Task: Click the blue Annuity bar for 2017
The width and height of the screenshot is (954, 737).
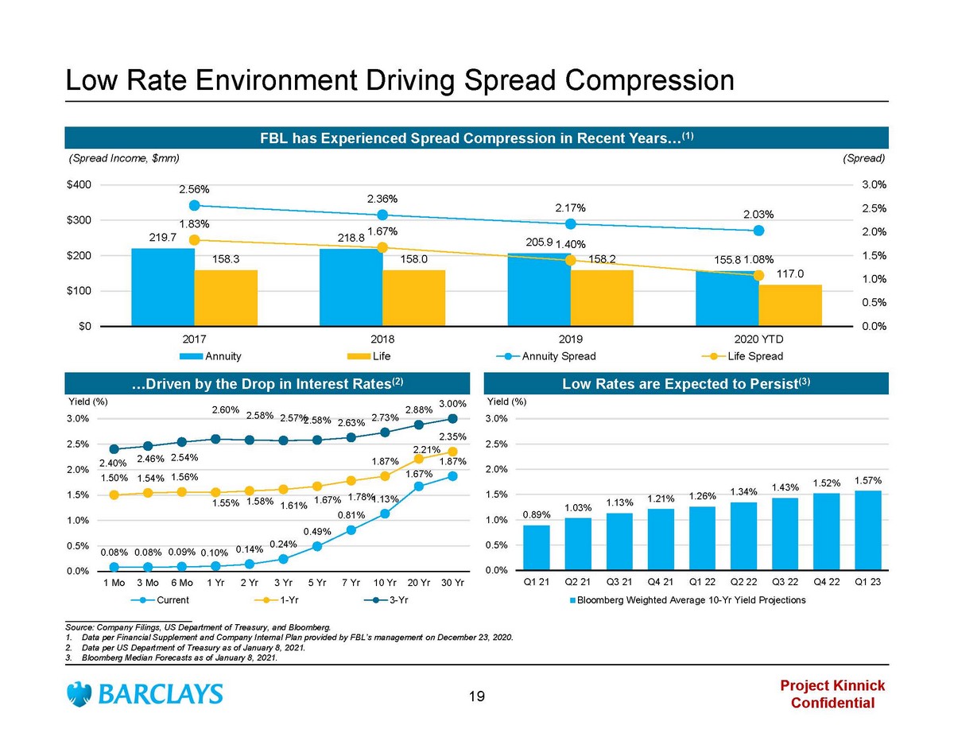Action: click(x=163, y=287)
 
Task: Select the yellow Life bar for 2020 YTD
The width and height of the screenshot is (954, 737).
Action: click(x=790, y=305)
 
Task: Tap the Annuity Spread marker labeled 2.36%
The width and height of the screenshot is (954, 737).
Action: click(x=382, y=215)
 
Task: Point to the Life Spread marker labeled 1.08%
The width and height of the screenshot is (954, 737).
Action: click(x=758, y=275)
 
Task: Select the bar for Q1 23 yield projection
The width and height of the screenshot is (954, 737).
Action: click(x=867, y=530)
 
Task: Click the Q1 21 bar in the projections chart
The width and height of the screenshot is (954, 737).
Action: click(x=537, y=548)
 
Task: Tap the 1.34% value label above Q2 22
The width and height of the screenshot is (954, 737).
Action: click(x=745, y=492)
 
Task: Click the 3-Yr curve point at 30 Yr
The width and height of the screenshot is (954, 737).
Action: click(x=452, y=418)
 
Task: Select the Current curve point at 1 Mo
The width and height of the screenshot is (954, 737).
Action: click(x=114, y=567)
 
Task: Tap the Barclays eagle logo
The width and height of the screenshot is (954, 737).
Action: click(x=79, y=694)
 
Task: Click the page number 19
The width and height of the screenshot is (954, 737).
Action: click(x=477, y=697)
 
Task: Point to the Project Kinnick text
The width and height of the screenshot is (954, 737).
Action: click(x=832, y=686)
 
